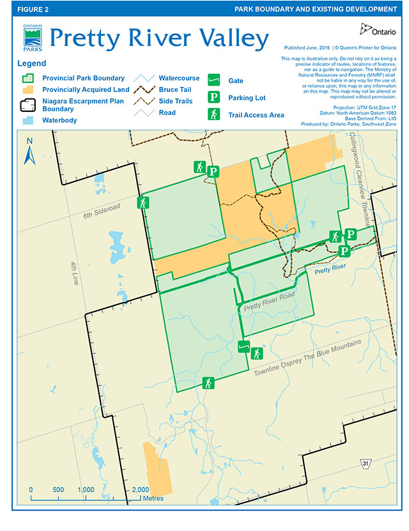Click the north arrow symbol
click(x=28, y=151)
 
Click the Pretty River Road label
click(x=269, y=302)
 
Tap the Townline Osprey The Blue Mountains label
click(x=307, y=358)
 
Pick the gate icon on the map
click(x=243, y=347)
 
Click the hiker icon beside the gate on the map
click(x=257, y=353)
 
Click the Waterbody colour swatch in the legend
click(x=28, y=119)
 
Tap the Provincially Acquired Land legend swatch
click(x=28, y=89)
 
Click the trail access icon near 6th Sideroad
click(x=143, y=203)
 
